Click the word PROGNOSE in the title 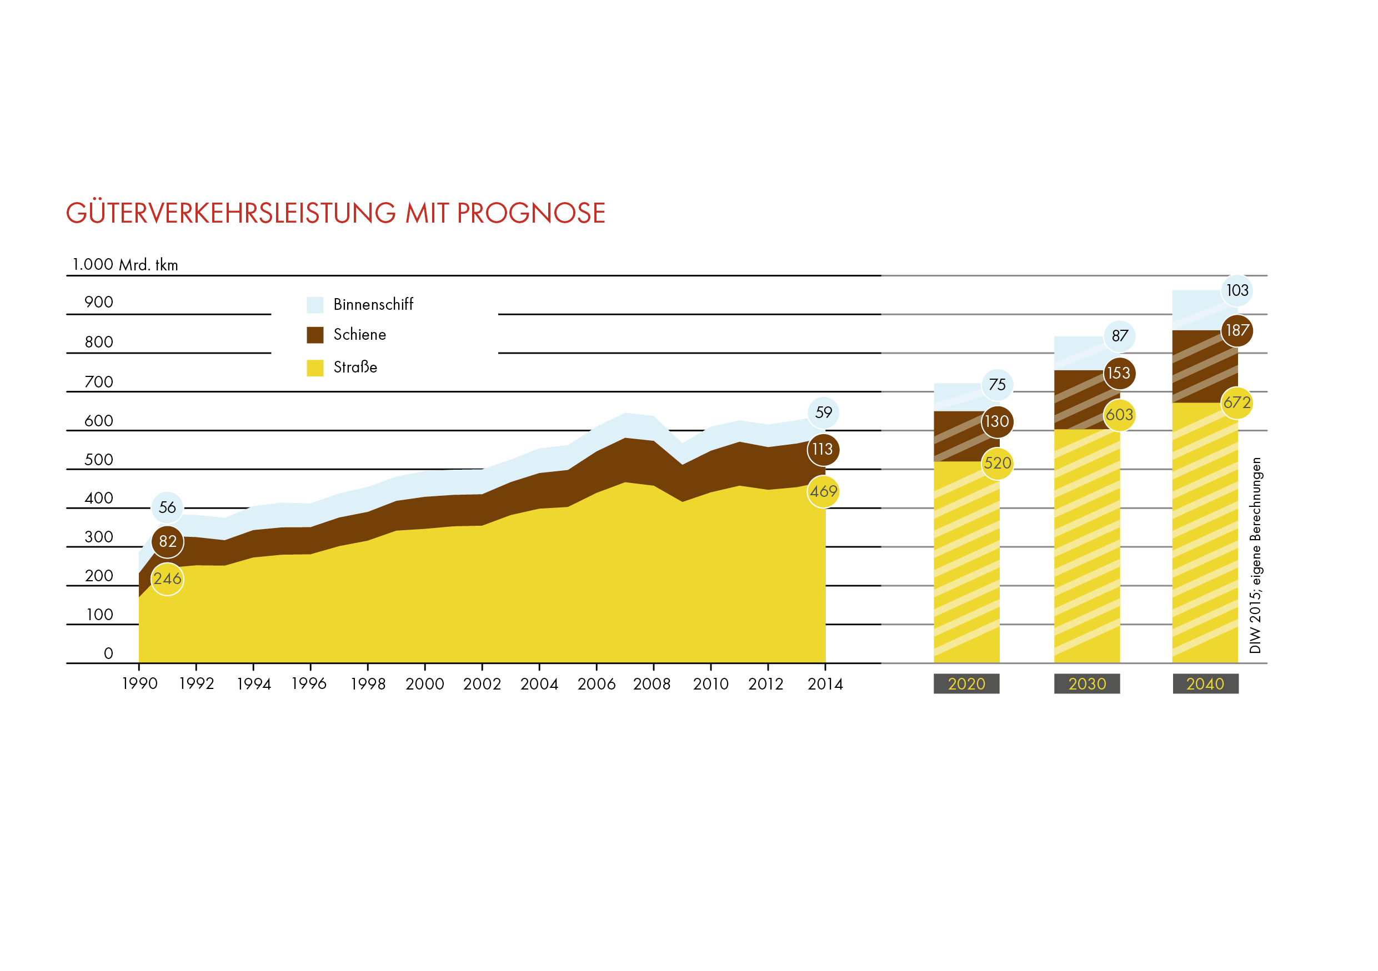(530, 214)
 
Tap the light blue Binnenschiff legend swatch (315, 305)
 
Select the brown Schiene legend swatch (315, 335)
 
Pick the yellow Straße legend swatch (315, 368)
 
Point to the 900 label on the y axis (99, 302)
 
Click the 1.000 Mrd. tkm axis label (126, 264)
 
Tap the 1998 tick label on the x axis (368, 684)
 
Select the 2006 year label (597, 684)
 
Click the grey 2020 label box (966, 684)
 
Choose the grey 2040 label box (1205, 684)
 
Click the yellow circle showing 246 (167, 578)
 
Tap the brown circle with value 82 (167, 542)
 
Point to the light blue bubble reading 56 (167, 507)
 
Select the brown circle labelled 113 (823, 449)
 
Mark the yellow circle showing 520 (998, 463)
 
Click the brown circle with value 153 (1119, 373)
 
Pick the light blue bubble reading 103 (1237, 290)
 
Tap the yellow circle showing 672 (1237, 403)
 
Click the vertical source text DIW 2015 (1255, 555)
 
